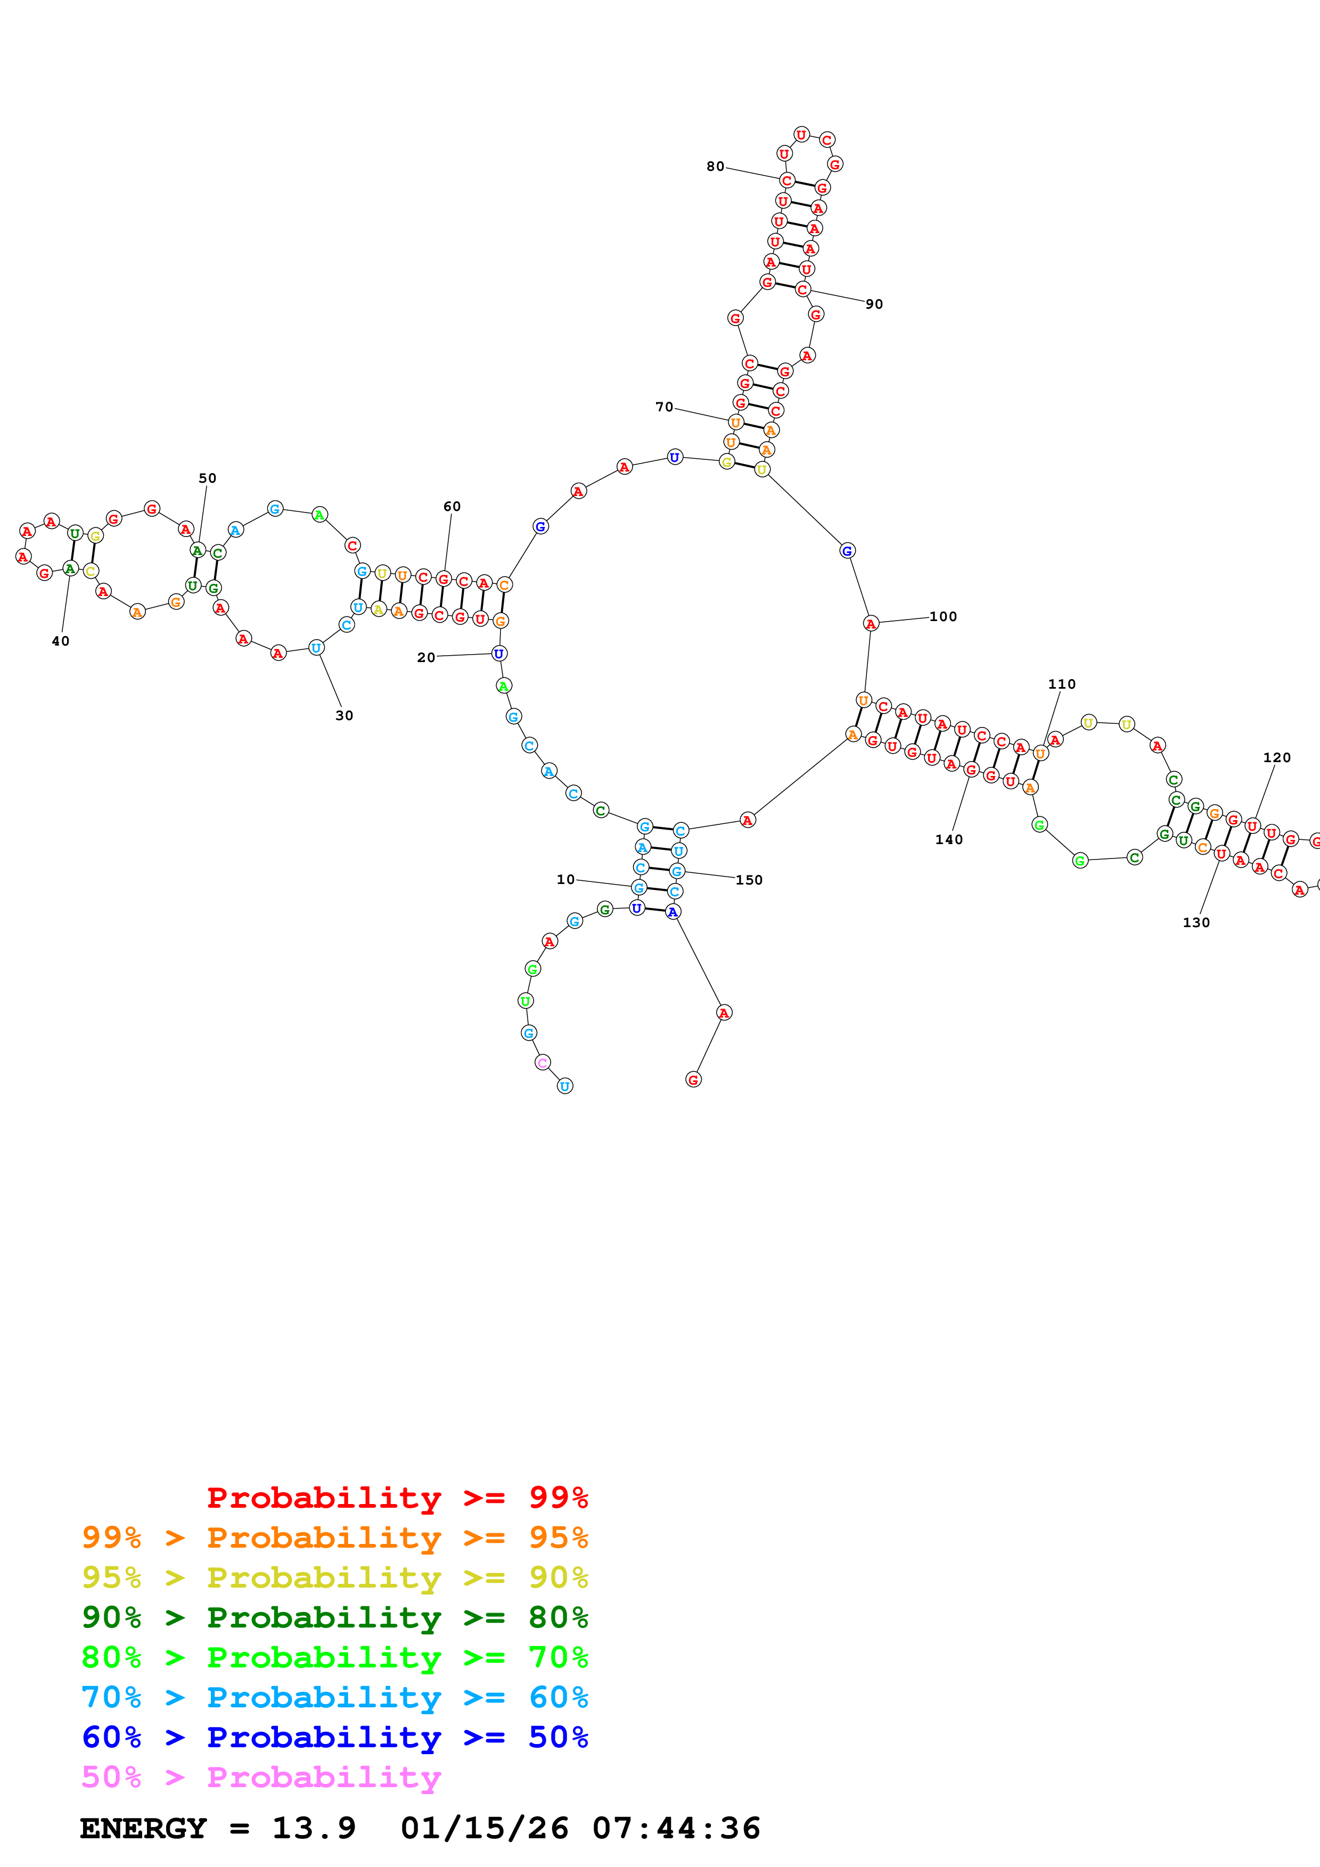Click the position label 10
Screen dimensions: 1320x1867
point(565,879)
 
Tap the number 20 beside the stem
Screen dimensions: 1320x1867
point(426,657)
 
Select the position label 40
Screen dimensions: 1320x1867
point(60,641)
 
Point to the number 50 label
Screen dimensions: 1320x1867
point(207,478)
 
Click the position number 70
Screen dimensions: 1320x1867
point(665,407)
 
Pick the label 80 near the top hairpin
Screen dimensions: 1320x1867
point(715,166)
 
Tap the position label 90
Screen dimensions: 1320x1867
point(874,304)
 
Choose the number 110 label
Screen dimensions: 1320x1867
point(1061,684)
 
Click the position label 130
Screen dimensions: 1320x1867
point(1195,922)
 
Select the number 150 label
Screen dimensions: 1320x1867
point(749,880)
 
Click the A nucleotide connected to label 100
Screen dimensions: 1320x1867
point(870,624)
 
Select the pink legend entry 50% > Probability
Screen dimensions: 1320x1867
point(261,1778)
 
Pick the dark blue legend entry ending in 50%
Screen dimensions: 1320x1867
point(334,1738)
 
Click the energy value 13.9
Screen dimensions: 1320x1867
point(314,1829)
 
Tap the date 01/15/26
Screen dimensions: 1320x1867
point(485,1829)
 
